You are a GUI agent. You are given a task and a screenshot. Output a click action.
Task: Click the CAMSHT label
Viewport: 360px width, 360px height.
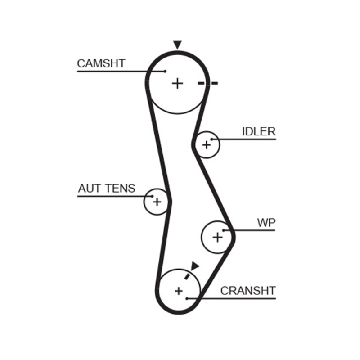pyautogui.click(x=101, y=63)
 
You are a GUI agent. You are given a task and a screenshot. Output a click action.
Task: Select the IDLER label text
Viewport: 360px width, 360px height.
pyautogui.click(x=258, y=131)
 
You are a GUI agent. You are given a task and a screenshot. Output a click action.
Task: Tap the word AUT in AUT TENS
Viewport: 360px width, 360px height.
pyautogui.click(x=88, y=188)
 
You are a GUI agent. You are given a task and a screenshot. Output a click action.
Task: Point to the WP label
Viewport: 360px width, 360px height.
pyautogui.click(x=266, y=223)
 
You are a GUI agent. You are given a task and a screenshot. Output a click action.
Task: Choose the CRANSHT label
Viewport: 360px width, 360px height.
pyautogui.click(x=247, y=291)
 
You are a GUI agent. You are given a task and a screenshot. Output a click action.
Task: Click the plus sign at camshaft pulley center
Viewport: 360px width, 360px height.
pyautogui.click(x=178, y=83)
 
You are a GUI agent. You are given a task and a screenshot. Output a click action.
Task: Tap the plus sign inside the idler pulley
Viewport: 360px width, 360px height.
pyautogui.click(x=206, y=145)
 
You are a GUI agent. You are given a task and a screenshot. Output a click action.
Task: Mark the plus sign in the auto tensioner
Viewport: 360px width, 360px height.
pyautogui.click(x=157, y=202)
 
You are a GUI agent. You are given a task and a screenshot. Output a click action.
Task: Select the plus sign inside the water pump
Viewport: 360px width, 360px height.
pyautogui.click(x=217, y=237)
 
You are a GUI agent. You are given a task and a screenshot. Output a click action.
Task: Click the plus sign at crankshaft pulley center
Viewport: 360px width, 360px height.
pyautogui.click(x=179, y=291)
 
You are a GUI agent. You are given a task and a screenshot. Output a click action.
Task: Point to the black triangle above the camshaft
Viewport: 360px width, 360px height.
pyautogui.click(x=177, y=45)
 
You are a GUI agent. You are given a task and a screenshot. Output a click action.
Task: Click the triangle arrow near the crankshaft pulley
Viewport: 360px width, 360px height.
pyautogui.click(x=195, y=266)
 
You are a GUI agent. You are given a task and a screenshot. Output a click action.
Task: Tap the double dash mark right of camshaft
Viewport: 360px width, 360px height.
pyautogui.click(x=208, y=83)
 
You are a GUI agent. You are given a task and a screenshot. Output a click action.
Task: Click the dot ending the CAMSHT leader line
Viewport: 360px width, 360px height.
pyautogui.click(x=166, y=71)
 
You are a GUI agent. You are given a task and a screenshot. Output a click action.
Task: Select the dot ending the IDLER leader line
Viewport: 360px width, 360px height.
pyautogui.click(x=212, y=139)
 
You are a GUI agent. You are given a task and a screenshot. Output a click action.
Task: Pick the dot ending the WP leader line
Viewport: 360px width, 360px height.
pyautogui.click(x=223, y=230)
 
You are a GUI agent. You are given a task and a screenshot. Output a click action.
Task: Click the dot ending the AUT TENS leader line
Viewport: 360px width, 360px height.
pyautogui.click(x=153, y=196)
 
